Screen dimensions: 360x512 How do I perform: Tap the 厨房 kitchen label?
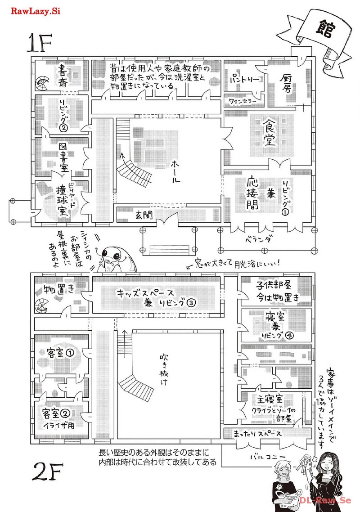coord(286,83)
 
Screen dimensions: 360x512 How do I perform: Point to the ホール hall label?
coord(175,172)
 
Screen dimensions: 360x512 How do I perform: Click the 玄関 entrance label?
coord(144,215)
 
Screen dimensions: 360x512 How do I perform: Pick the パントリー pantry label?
coord(245,80)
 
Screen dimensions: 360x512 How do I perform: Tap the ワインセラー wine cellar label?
coord(243,102)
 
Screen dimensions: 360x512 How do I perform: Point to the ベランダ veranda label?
coord(258,240)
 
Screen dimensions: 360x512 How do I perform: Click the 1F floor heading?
coord(39,44)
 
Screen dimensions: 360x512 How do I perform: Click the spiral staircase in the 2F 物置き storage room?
coord(42,306)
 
